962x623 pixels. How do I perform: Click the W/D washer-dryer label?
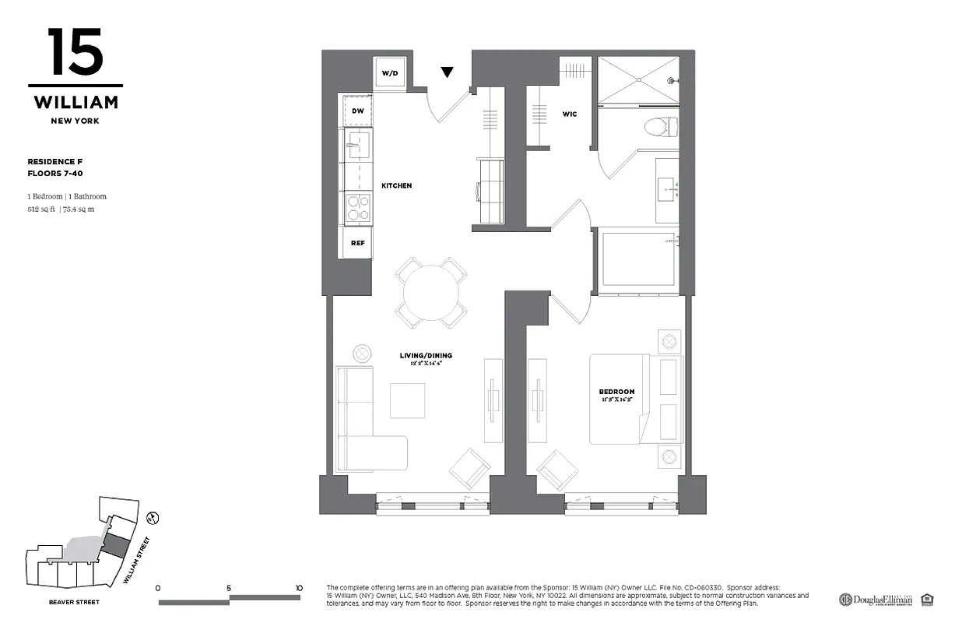point(389,73)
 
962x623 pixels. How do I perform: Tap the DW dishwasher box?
point(357,111)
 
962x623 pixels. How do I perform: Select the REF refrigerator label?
point(357,243)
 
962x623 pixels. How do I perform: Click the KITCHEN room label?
point(396,186)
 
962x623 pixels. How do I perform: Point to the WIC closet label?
point(570,114)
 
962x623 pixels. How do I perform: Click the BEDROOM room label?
point(616,392)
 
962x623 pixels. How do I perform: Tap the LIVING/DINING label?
point(426,356)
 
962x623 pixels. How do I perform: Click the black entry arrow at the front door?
point(447,72)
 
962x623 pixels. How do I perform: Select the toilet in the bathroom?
point(662,125)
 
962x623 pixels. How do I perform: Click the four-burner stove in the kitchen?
point(358,207)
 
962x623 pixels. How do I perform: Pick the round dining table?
point(430,292)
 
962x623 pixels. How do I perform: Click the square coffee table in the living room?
point(408,401)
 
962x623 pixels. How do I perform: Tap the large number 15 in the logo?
point(75,52)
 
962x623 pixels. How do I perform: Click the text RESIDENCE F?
point(54,161)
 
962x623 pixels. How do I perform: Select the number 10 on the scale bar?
point(299,588)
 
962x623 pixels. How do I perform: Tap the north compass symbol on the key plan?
point(153,517)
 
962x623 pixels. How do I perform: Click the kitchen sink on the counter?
point(358,144)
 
